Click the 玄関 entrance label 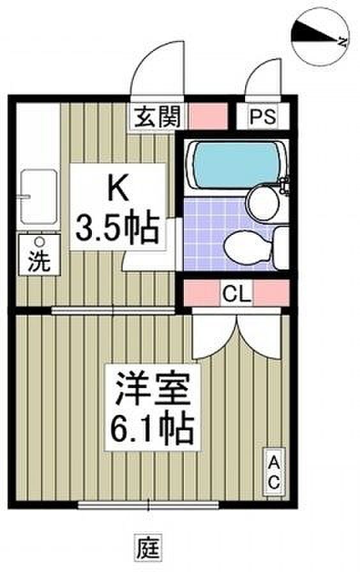(x=158, y=117)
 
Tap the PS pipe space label (x=262, y=117)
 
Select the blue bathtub (x=236, y=165)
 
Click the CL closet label (x=237, y=293)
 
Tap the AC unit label (x=274, y=474)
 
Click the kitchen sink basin (x=39, y=197)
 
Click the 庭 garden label (x=149, y=547)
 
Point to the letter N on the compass (x=341, y=41)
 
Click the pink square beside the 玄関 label (x=207, y=116)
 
